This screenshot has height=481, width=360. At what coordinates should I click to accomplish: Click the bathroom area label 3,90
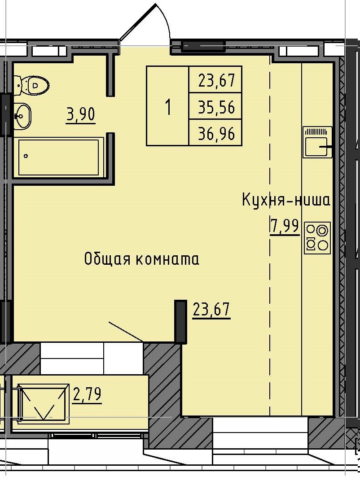click(81, 115)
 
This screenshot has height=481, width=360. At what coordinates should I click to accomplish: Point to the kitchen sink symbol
click(318, 142)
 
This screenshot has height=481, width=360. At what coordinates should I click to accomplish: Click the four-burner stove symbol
click(317, 237)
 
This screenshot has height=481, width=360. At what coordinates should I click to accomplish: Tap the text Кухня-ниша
click(286, 200)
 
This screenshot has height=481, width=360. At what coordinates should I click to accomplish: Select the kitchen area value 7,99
click(284, 225)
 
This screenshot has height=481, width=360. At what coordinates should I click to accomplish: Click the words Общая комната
click(141, 259)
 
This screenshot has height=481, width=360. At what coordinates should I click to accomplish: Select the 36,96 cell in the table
click(216, 133)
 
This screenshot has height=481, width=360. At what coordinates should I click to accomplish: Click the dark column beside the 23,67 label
click(180, 321)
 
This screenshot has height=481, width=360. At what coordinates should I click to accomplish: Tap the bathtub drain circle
click(26, 156)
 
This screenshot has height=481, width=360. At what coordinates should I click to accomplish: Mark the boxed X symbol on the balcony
click(43, 402)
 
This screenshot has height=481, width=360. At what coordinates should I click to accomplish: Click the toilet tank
click(17, 85)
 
